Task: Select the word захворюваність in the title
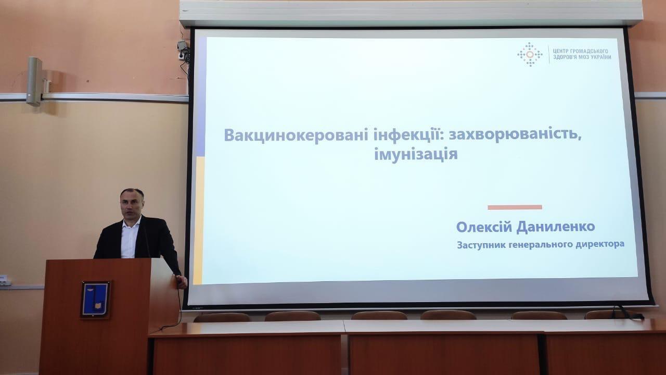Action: (x=515, y=135)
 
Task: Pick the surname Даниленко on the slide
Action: (x=556, y=227)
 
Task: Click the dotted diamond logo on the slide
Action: (x=530, y=54)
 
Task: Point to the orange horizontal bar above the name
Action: (x=515, y=207)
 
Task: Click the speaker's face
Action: (x=132, y=205)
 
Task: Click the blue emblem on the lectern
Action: (x=95, y=299)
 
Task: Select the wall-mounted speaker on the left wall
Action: (x=34, y=81)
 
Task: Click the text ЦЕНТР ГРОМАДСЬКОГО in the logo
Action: (x=580, y=51)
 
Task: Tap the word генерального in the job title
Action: (x=541, y=245)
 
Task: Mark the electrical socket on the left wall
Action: (x=4, y=280)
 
